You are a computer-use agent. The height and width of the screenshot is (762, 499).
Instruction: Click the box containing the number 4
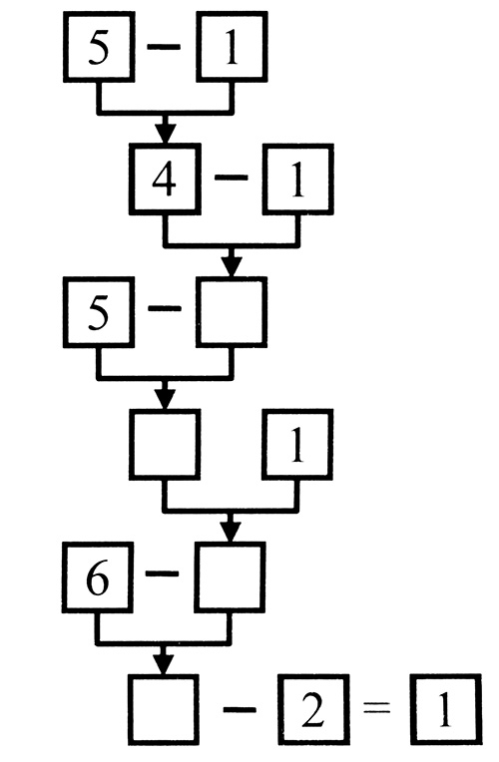pyautogui.click(x=165, y=179)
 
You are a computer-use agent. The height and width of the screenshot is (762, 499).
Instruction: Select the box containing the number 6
pyautogui.click(x=98, y=576)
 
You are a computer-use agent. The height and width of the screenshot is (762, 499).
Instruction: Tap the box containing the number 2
pyautogui.click(x=313, y=709)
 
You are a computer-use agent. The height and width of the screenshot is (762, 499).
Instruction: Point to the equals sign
pyautogui.click(x=377, y=708)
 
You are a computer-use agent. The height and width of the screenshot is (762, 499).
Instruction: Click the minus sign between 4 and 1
pyautogui.click(x=232, y=178)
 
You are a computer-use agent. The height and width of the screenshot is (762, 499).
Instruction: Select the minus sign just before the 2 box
pyautogui.click(x=240, y=710)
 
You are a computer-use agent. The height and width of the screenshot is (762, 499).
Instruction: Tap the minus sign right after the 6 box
pyautogui.click(x=163, y=573)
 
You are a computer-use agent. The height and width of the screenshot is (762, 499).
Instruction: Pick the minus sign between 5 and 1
pyautogui.click(x=164, y=47)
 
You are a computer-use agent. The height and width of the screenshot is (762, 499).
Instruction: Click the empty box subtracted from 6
pyautogui.click(x=231, y=576)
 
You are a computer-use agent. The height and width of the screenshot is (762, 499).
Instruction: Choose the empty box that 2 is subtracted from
pyautogui.click(x=164, y=709)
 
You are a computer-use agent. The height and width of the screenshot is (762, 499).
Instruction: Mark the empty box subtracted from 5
pyautogui.click(x=232, y=312)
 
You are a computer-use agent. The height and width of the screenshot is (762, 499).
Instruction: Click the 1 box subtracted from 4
pyautogui.click(x=298, y=179)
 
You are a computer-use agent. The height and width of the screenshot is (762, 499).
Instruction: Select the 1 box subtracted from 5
pyautogui.click(x=232, y=46)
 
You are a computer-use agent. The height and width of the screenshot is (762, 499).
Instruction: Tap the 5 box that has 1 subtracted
pyautogui.click(x=99, y=46)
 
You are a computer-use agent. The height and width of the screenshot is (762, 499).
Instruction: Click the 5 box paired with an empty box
pyautogui.click(x=99, y=312)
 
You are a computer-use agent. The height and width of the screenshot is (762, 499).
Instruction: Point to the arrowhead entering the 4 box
pyautogui.click(x=166, y=134)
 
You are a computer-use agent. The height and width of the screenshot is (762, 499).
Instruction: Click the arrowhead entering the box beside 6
pyautogui.click(x=231, y=532)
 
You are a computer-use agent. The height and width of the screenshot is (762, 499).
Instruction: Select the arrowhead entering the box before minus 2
pyautogui.click(x=164, y=664)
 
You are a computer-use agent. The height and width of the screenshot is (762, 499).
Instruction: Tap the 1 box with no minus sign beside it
pyautogui.click(x=297, y=445)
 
